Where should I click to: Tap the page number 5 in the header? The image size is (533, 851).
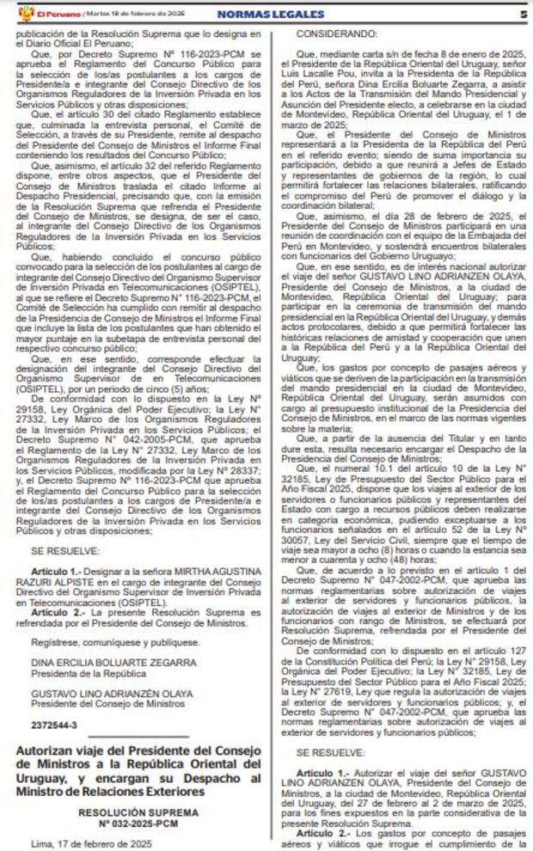(x=523, y=14)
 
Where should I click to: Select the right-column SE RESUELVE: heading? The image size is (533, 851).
(x=331, y=750)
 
